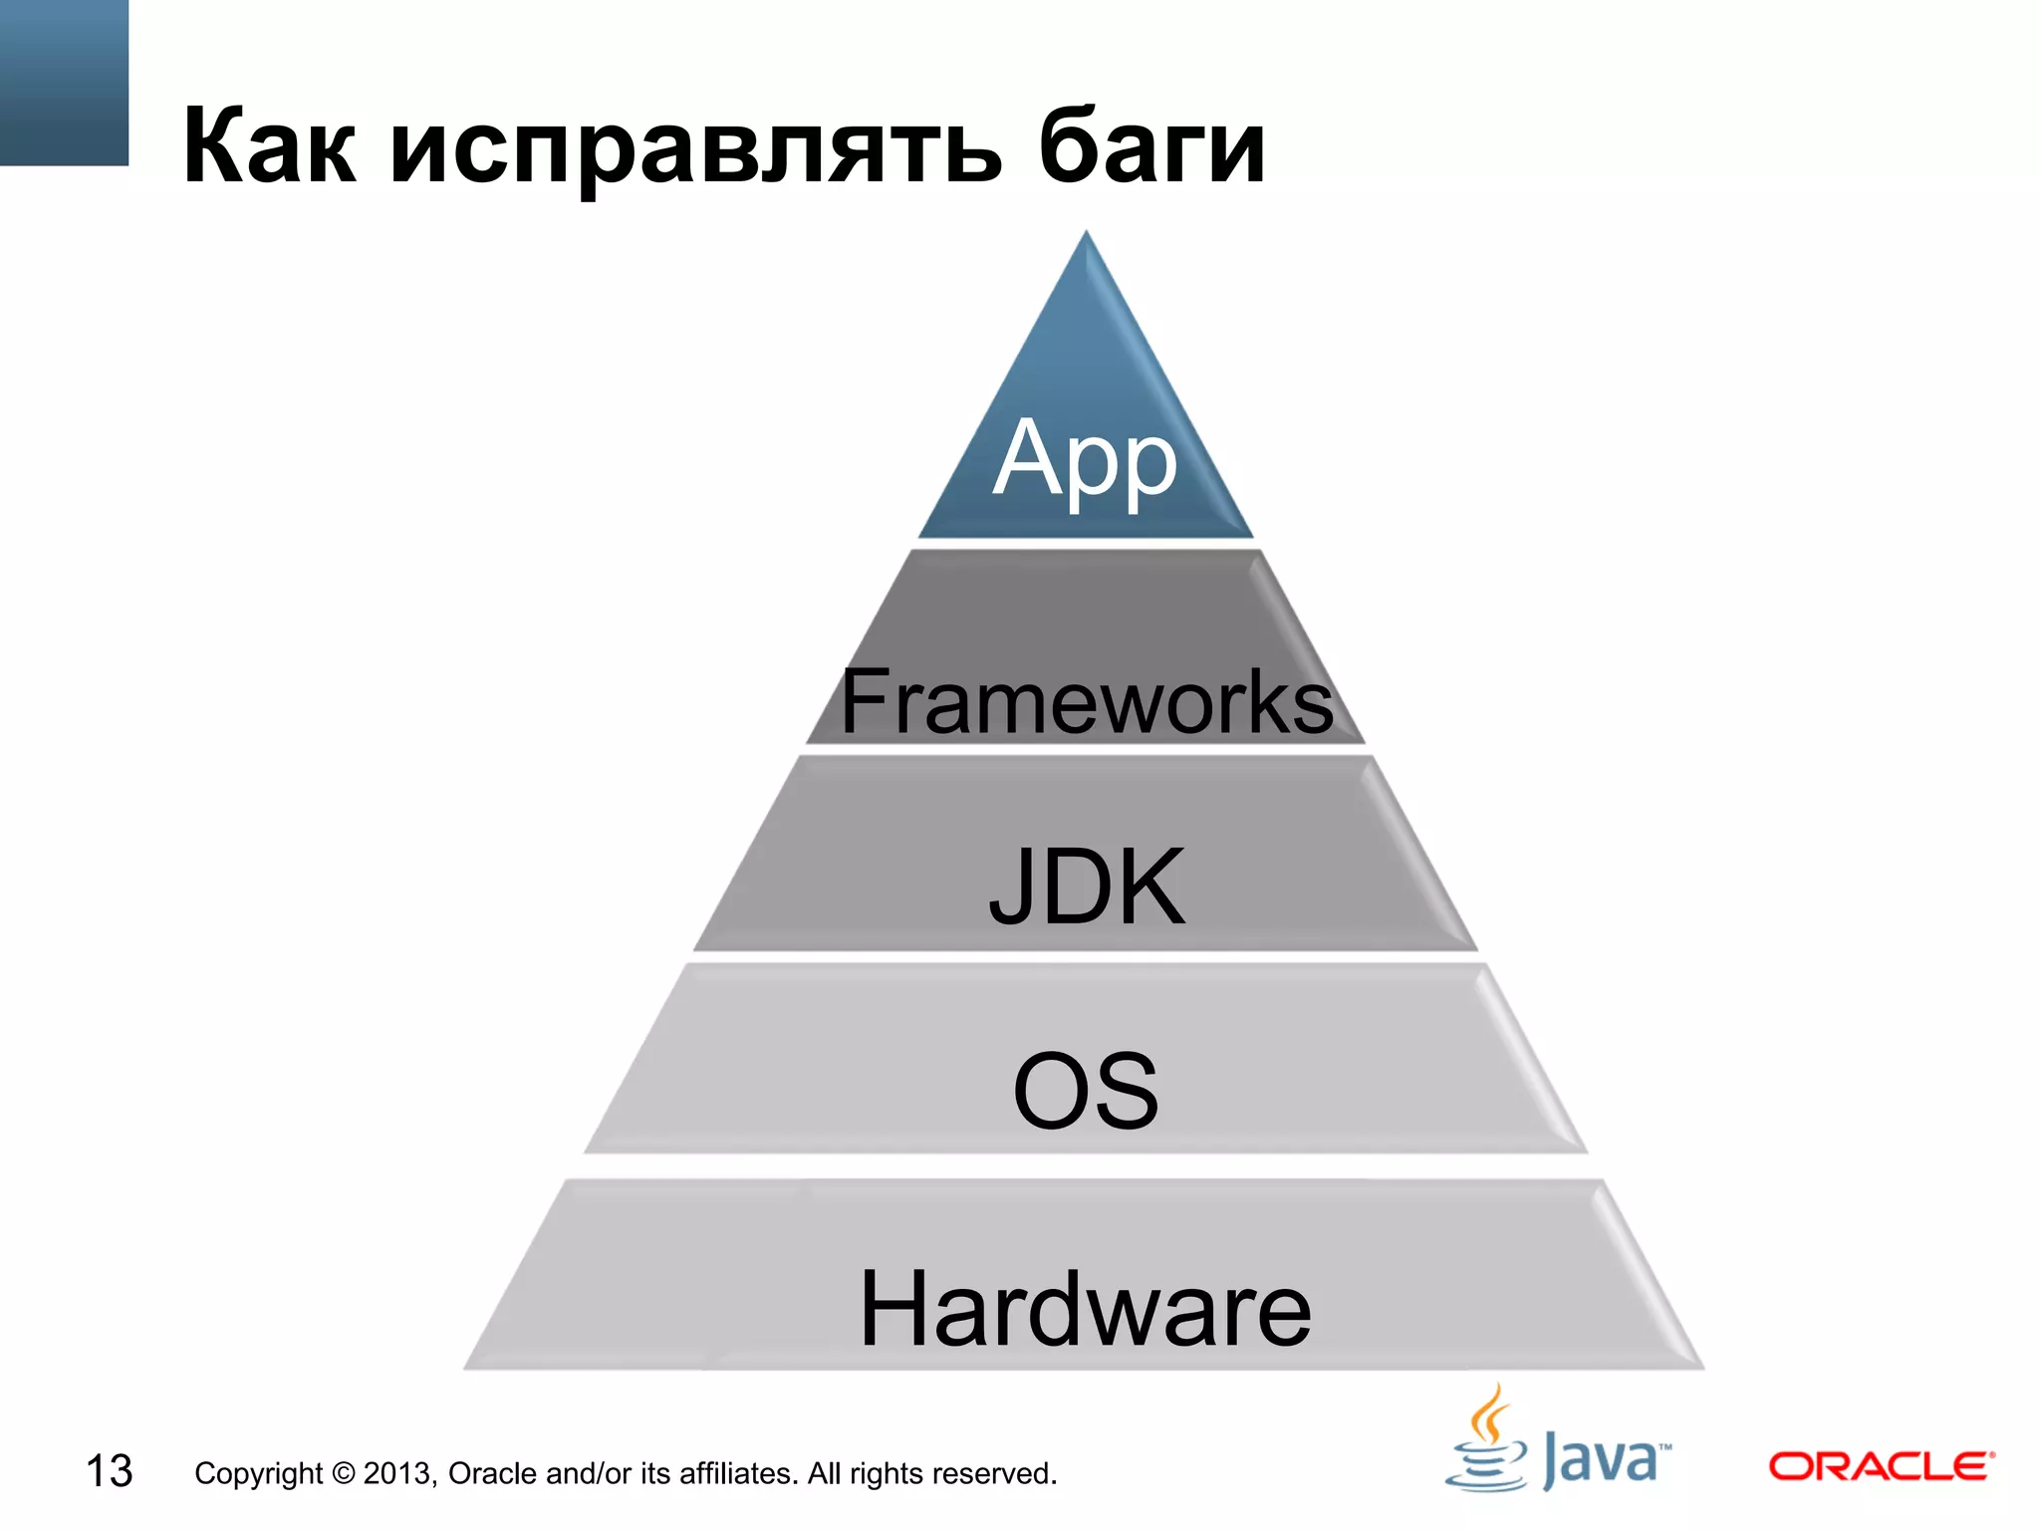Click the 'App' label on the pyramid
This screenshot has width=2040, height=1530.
(1086, 459)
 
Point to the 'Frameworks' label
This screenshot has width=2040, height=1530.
(1086, 701)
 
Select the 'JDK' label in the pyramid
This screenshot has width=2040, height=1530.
(1087, 886)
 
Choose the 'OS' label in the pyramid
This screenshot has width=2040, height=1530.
(1086, 1092)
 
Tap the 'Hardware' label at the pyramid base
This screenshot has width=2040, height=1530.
(1086, 1309)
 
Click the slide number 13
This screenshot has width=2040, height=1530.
(109, 1471)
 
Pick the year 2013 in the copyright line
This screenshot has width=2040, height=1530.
(397, 1473)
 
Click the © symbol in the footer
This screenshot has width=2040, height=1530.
(343, 1473)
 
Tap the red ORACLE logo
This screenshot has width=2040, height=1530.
(1881, 1466)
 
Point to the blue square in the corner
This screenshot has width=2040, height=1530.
(64, 82)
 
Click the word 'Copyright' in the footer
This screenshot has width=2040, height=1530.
(258, 1473)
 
